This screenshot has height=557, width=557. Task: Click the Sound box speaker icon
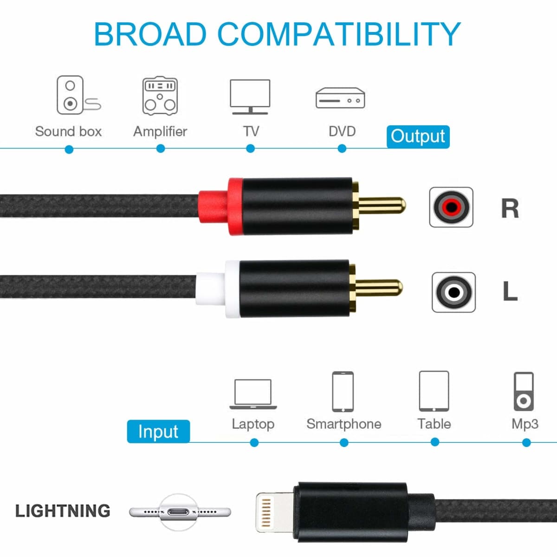pos(78,95)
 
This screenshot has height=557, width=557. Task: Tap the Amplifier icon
pos(160,96)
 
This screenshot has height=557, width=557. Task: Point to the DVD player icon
pos(340,98)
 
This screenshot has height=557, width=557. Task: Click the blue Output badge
pos(418,137)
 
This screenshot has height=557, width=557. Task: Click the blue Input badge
pos(158,431)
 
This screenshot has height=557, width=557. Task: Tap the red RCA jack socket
pos(451,207)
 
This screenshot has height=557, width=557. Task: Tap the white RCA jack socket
pos(454,292)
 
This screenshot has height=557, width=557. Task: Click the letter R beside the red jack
pos(510,208)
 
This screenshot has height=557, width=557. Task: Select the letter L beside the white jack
pos(510,291)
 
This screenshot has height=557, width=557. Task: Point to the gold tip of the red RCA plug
pos(382,205)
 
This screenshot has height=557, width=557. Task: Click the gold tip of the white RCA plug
pos(379,288)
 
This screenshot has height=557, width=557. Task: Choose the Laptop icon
pos(253,394)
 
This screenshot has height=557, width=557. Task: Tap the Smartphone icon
pos(343,391)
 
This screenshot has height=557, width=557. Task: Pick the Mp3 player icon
pos(524,391)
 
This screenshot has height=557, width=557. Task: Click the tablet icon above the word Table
pos(434,391)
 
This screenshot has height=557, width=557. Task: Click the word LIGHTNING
pos(63,511)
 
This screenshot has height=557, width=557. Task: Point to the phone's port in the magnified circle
pos(179,512)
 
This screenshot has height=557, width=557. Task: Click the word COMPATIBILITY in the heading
pos(339,34)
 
